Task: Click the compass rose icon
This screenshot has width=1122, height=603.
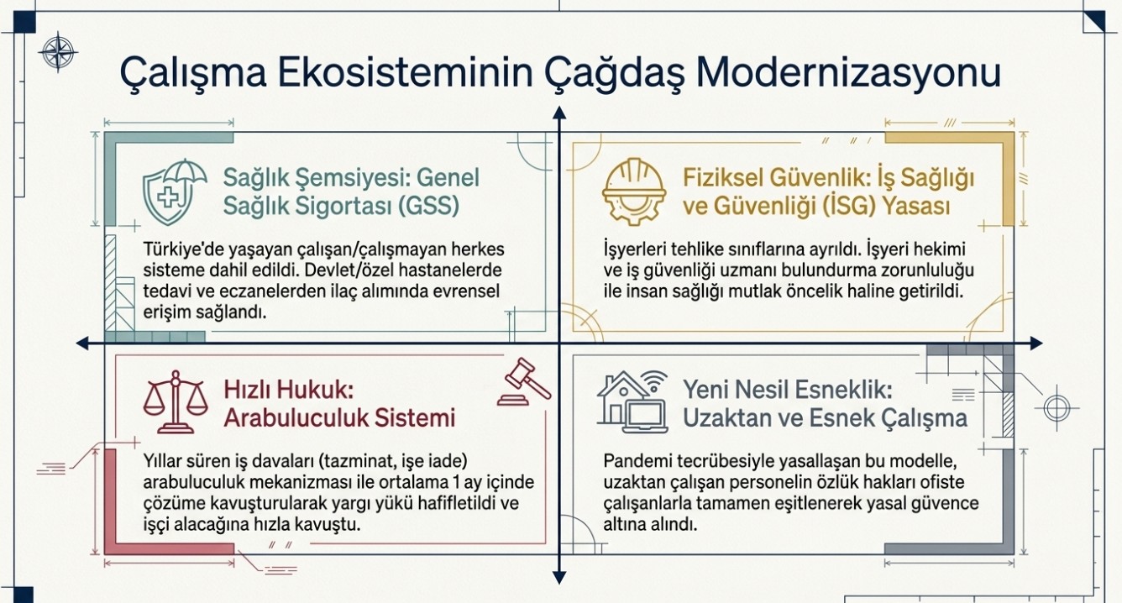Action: coord(58,51)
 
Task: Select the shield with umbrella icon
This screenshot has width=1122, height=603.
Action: coord(175,192)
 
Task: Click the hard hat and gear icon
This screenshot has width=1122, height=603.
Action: coord(633,191)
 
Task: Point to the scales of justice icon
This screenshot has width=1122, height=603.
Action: coord(176,401)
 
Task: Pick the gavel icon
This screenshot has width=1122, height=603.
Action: coord(524,381)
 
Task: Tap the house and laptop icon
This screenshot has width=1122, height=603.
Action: coord(632,401)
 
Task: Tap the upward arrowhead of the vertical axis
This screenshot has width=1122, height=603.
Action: coord(559,113)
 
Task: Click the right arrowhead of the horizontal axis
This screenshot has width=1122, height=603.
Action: coord(1036,343)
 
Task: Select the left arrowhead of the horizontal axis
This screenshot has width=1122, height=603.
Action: coord(82,343)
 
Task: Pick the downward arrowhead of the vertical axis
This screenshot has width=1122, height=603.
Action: coord(559,578)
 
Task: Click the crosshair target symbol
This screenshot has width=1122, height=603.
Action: coord(1056,407)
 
